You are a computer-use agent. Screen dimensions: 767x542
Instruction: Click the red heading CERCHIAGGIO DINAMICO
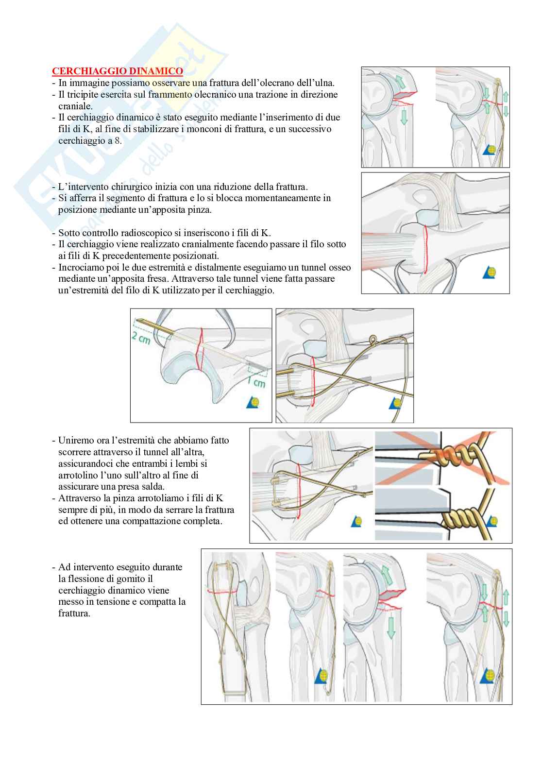118,71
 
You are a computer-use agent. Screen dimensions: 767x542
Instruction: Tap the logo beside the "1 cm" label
254,403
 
